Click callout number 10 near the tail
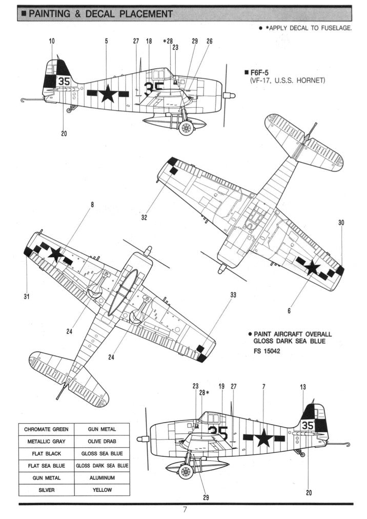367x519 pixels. click(x=51, y=41)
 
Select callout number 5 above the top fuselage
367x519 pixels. click(x=106, y=41)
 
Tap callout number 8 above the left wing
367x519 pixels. click(x=92, y=204)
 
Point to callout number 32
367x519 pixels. click(x=144, y=217)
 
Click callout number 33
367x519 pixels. click(x=233, y=295)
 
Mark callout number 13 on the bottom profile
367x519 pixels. click(x=303, y=386)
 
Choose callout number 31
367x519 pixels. click(x=26, y=296)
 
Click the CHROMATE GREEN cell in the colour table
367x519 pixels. click(x=47, y=429)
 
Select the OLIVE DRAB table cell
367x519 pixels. click(x=102, y=441)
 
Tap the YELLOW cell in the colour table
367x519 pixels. click(x=102, y=490)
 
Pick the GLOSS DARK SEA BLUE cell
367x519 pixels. click(x=102, y=466)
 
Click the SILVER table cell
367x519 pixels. click(x=47, y=490)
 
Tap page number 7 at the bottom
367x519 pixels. click(x=185, y=510)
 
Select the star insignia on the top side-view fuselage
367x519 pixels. click(x=108, y=93)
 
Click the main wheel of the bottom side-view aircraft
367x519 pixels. click(x=186, y=471)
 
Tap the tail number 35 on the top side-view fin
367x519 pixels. click(x=64, y=81)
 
